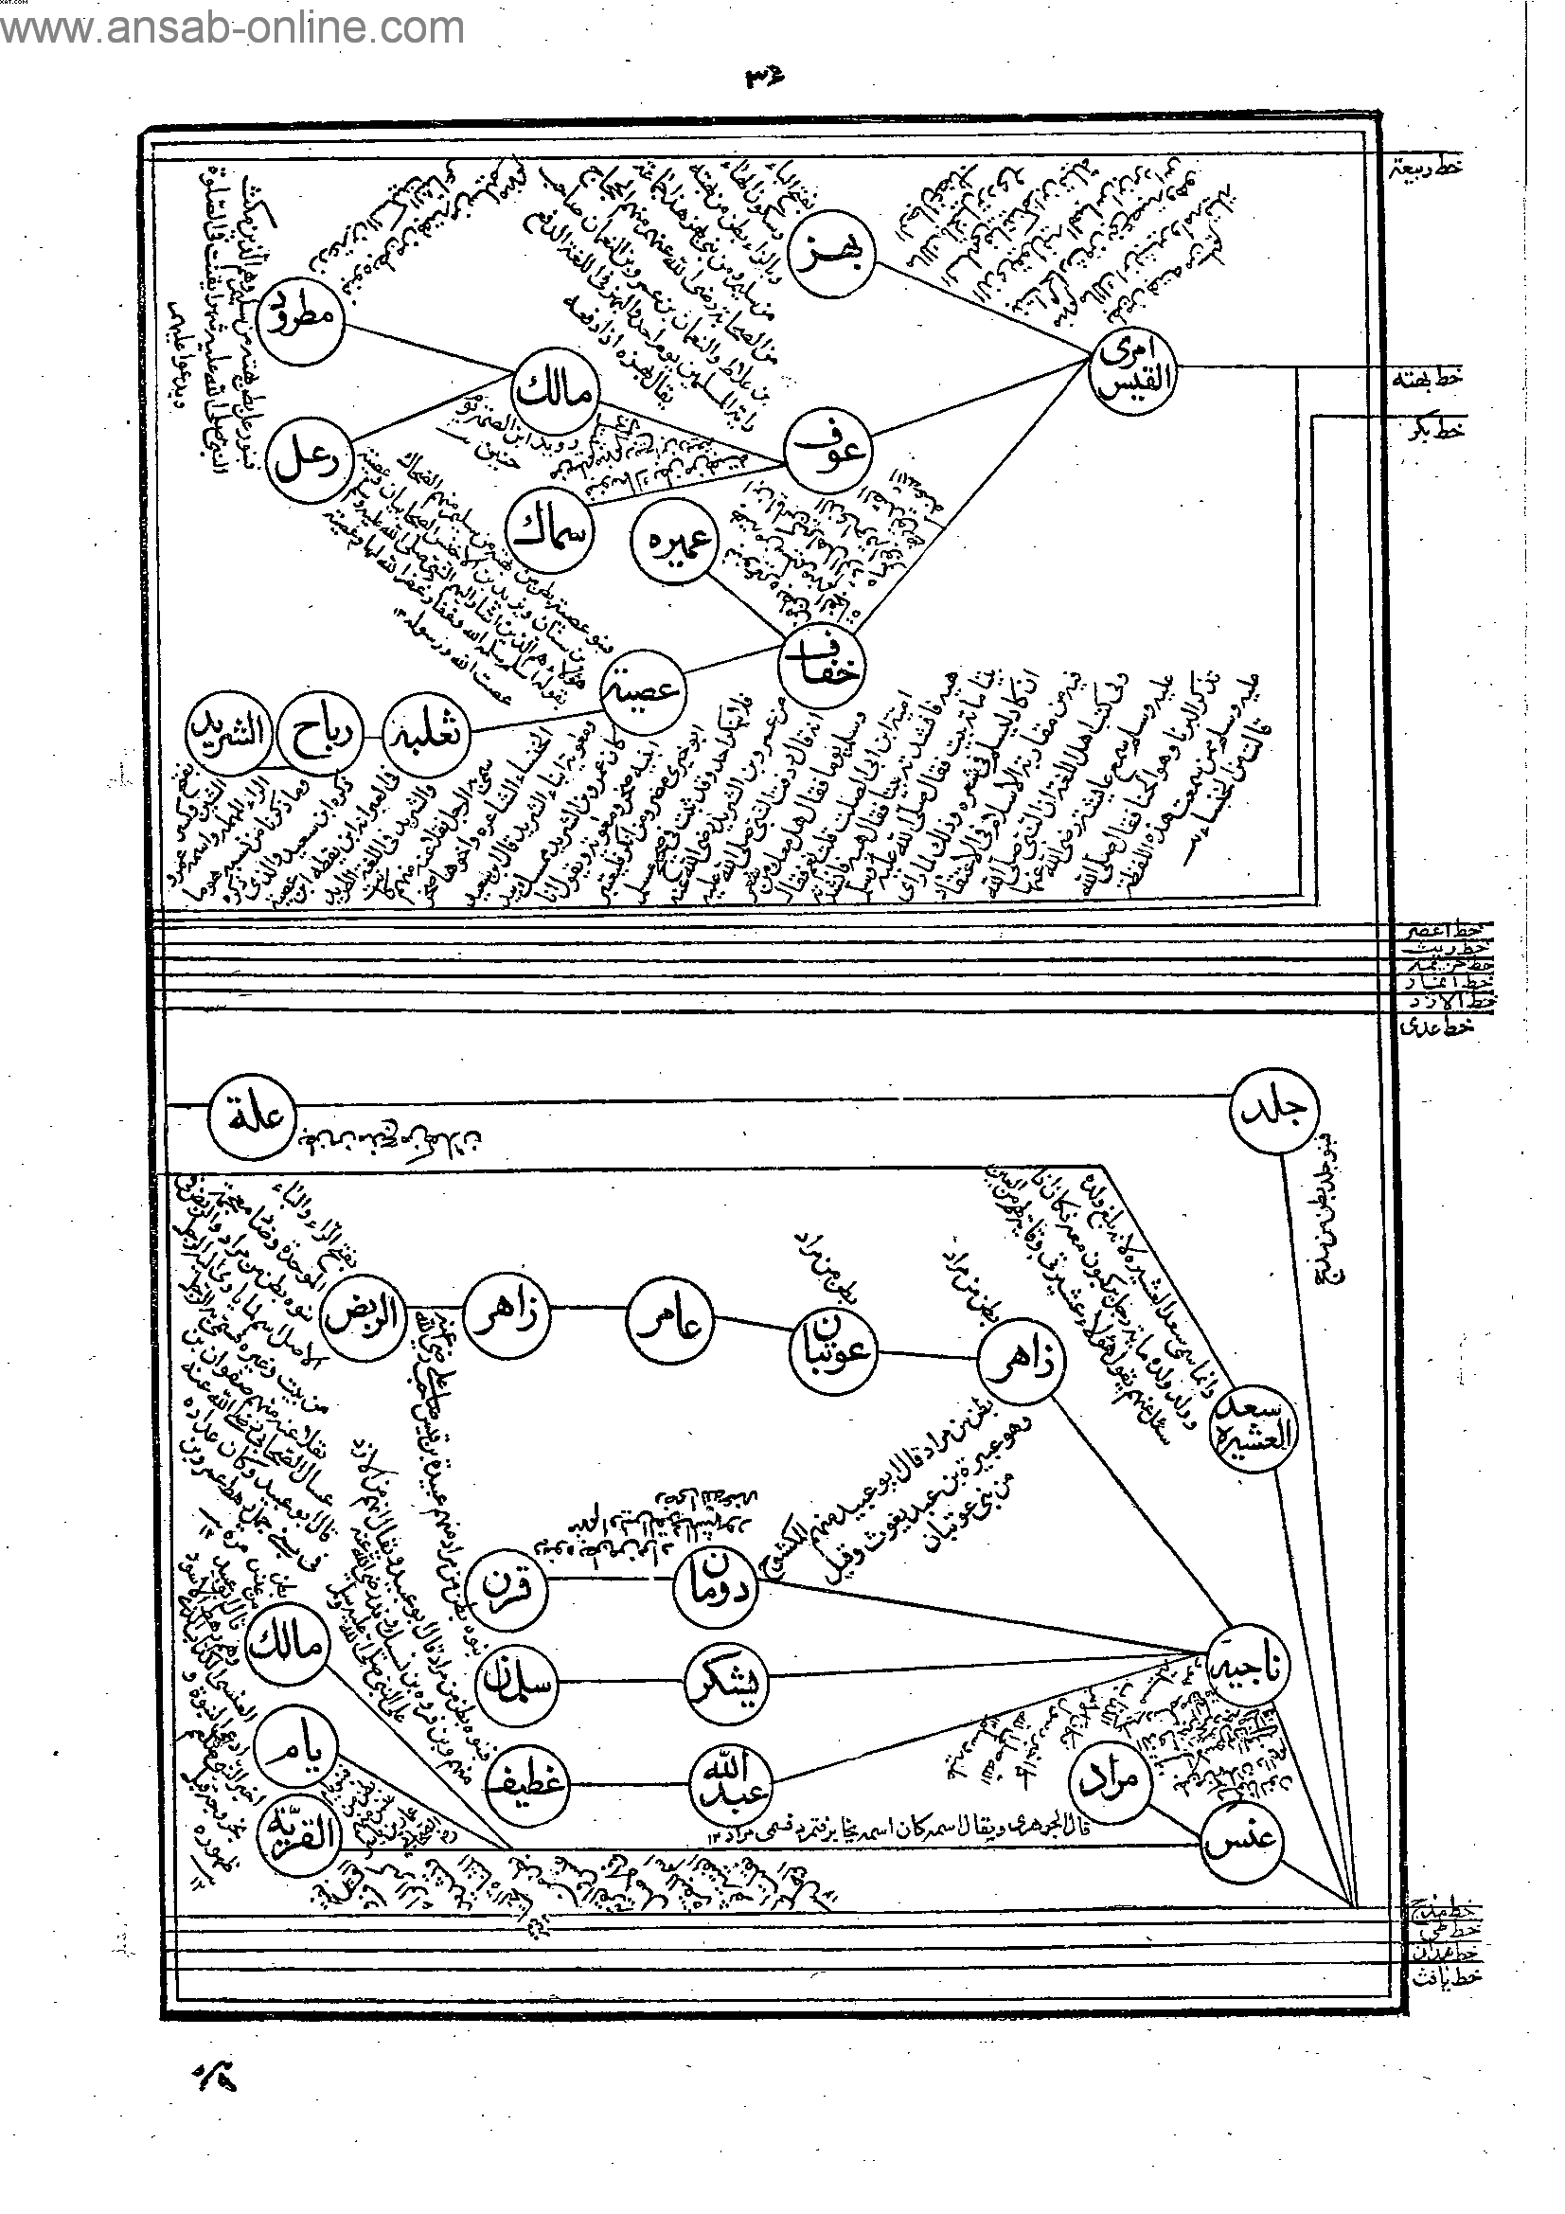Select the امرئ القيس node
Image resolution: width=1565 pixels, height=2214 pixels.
click(1135, 370)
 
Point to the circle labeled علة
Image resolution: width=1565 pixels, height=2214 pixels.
click(253, 1122)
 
